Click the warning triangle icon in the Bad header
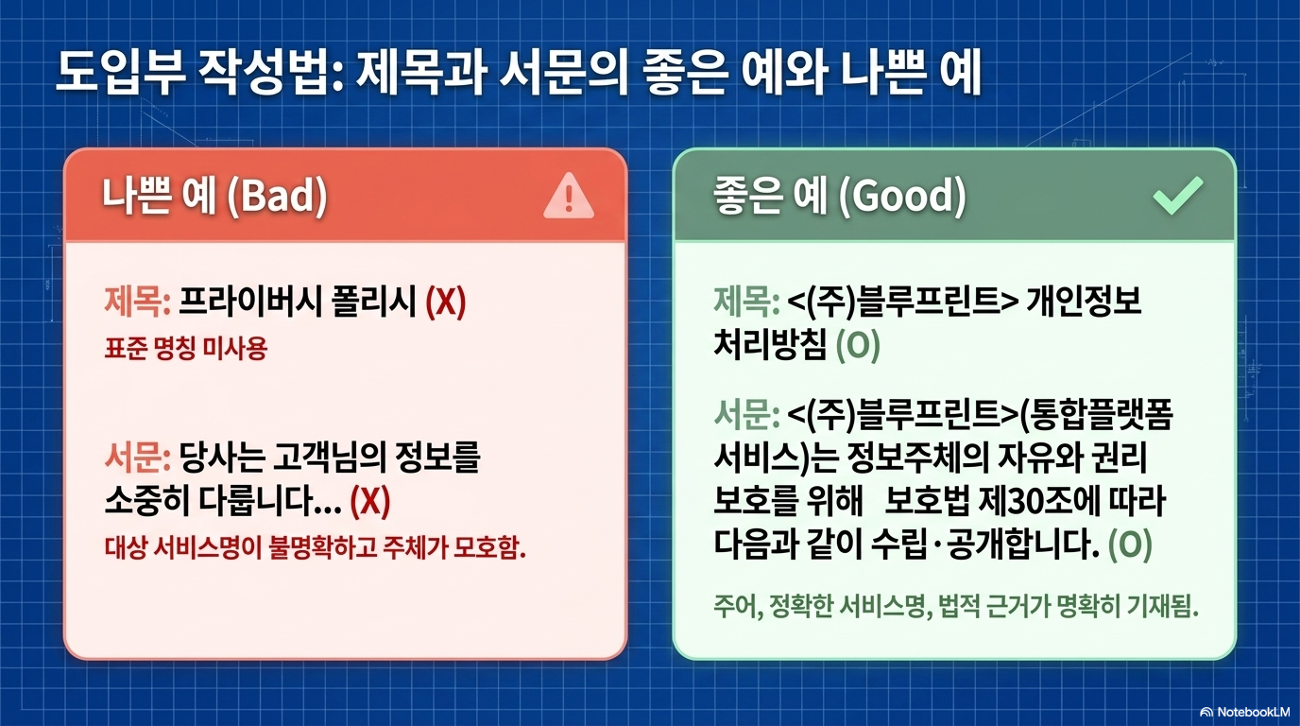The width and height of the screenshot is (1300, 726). click(568, 197)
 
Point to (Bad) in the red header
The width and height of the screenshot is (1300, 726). click(278, 196)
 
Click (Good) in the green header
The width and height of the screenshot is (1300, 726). click(903, 196)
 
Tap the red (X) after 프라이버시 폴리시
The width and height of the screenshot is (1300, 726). click(446, 302)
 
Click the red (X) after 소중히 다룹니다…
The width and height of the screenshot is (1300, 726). click(370, 501)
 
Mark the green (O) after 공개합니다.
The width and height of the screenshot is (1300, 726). click(1130, 544)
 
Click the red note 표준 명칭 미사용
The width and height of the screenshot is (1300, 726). click(186, 349)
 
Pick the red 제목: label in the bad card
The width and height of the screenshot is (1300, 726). click(138, 302)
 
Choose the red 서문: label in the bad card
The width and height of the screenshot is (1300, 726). click(138, 458)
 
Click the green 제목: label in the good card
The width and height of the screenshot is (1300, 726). click(746, 302)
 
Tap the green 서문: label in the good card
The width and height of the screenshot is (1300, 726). click(746, 415)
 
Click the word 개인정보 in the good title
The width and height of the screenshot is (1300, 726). click(1084, 301)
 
